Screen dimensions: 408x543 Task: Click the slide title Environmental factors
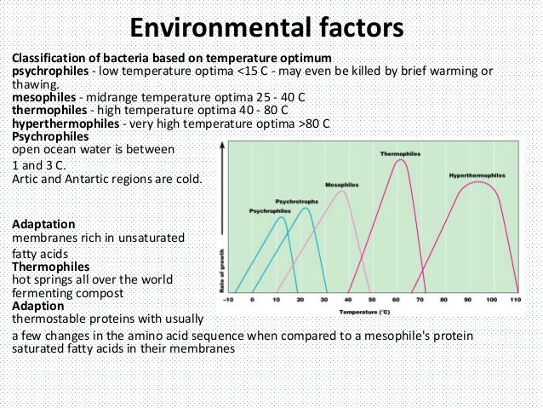[x=271, y=28]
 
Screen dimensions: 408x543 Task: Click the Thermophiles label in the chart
[x=398, y=153]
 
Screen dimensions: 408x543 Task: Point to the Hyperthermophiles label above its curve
[x=478, y=175]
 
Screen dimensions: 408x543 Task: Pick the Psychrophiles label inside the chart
[x=268, y=210]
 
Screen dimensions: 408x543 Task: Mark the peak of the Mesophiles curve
[x=342, y=191]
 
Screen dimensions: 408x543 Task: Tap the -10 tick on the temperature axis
[x=228, y=301]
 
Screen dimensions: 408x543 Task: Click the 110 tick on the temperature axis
[x=515, y=301]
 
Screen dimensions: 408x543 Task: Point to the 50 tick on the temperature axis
[x=371, y=301]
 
